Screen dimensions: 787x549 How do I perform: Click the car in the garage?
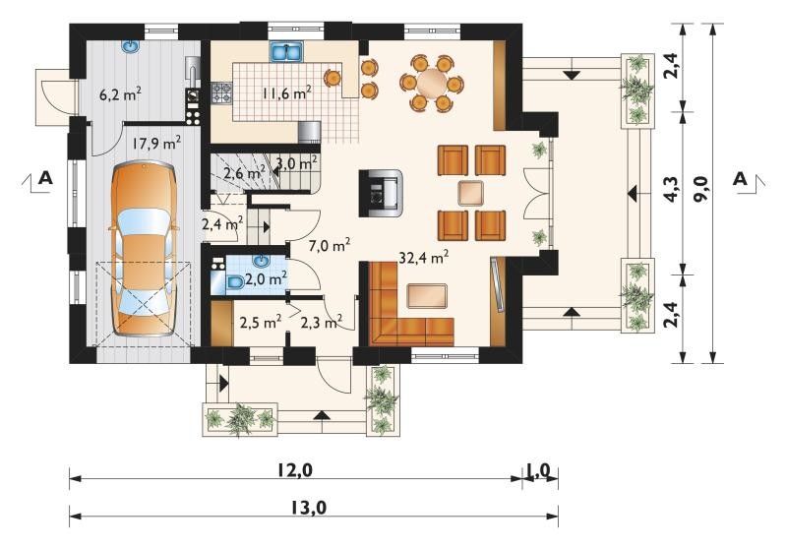(x=144, y=248)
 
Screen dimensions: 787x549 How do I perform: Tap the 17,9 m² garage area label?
(x=156, y=144)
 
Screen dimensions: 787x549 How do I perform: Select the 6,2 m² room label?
(x=120, y=94)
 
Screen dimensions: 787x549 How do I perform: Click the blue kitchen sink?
(x=286, y=52)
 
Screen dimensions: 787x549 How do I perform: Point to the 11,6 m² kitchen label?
(x=286, y=92)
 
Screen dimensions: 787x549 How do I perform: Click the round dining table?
(x=432, y=83)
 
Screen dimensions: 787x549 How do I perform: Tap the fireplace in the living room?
(x=381, y=193)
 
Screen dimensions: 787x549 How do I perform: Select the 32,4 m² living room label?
(x=424, y=257)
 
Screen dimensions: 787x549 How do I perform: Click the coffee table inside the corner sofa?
(x=427, y=295)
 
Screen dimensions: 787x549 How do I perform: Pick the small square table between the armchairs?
(x=471, y=193)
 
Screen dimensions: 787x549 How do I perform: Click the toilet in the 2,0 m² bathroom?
(x=235, y=283)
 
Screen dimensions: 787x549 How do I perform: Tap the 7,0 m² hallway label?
(x=329, y=245)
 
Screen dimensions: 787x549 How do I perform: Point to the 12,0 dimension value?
(x=295, y=470)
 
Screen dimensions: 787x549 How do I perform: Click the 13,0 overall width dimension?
(x=308, y=509)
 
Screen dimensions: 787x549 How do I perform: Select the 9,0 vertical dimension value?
(x=700, y=188)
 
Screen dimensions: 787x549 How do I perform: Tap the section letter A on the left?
(x=45, y=178)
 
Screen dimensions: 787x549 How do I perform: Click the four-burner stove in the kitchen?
(x=221, y=92)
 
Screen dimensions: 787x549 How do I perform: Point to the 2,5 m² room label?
(x=260, y=322)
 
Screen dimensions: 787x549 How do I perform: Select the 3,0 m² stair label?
(x=297, y=163)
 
